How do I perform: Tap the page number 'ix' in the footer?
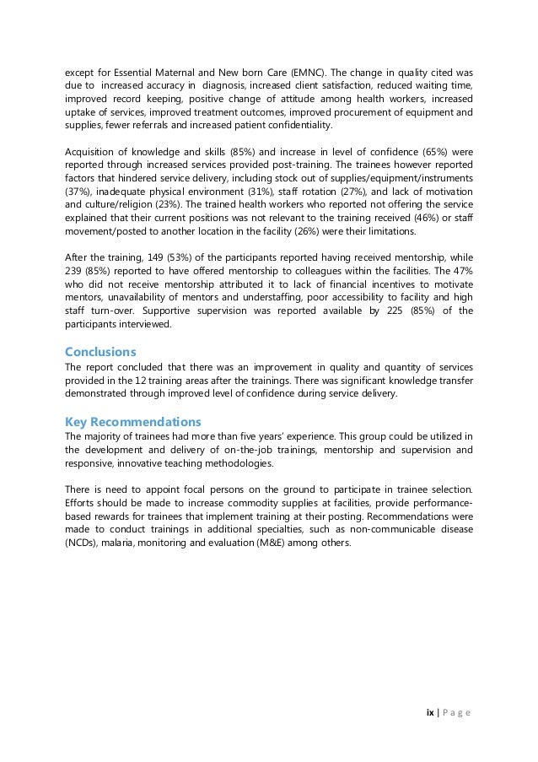pos(429,712)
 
